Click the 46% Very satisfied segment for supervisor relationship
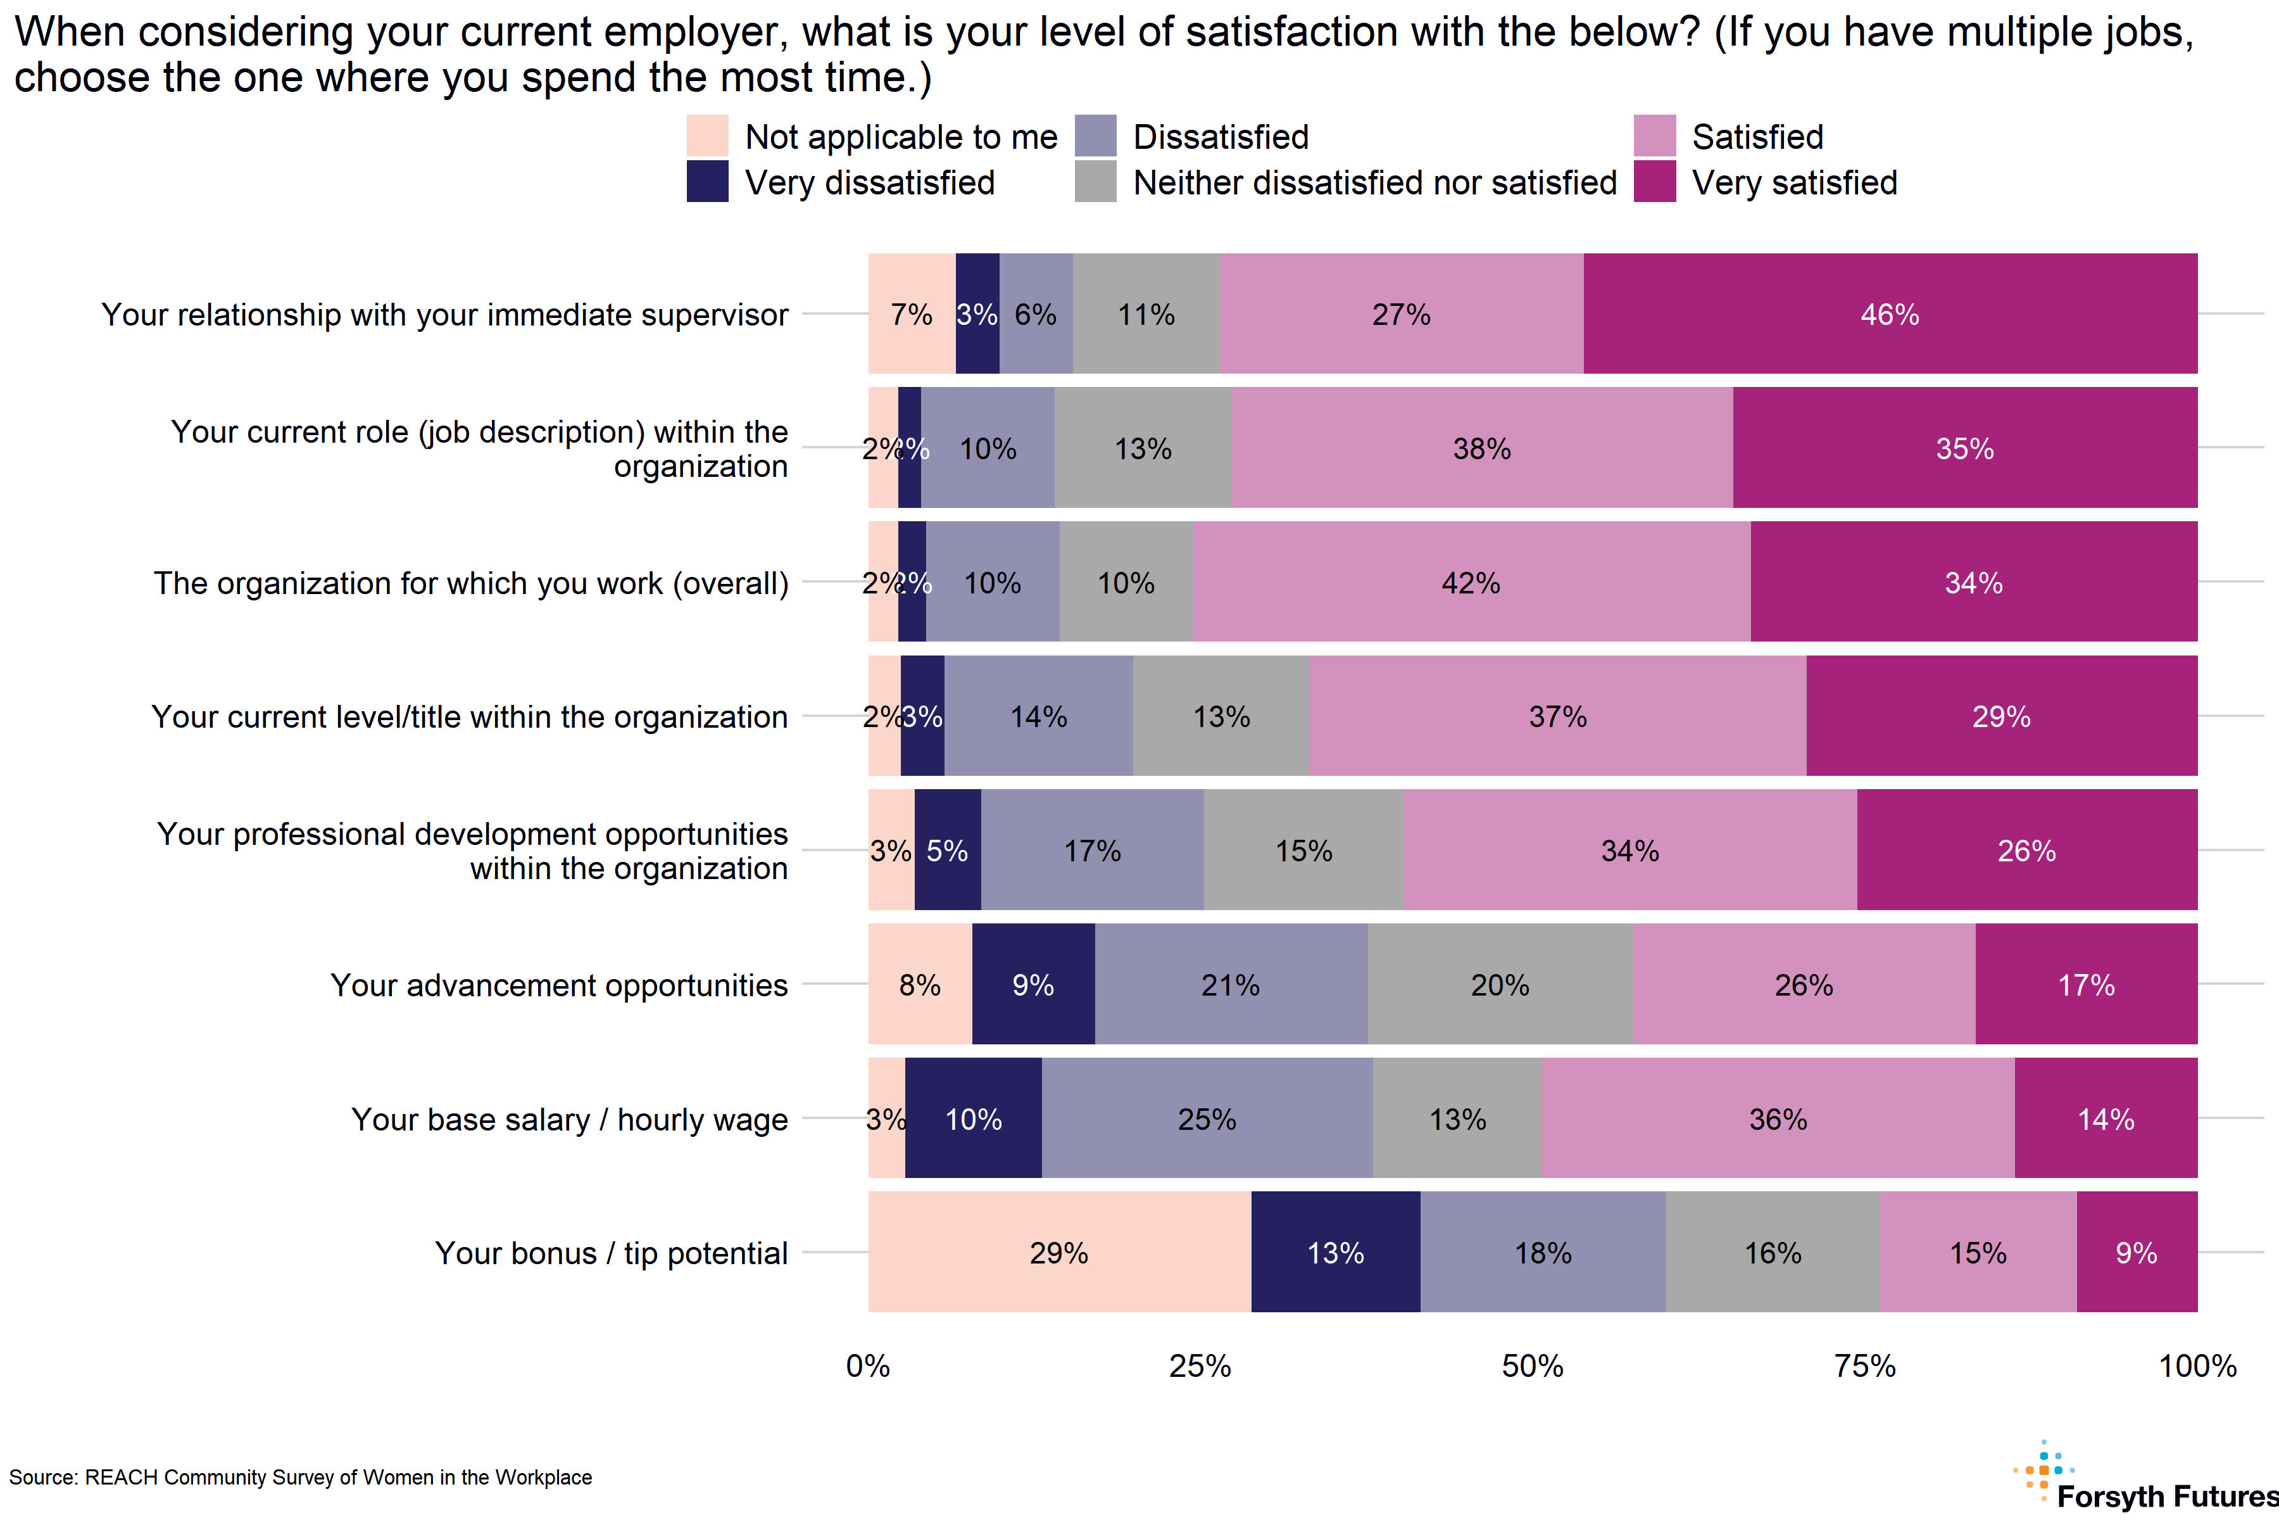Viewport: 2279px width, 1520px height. pyautogui.click(x=1890, y=314)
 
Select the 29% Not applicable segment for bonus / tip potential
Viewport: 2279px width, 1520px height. pyautogui.click(x=1059, y=1253)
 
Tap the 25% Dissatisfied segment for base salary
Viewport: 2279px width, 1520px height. pyautogui.click(x=1207, y=1118)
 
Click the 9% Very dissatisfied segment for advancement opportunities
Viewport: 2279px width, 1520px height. pyautogui.click(x=1033, y=984)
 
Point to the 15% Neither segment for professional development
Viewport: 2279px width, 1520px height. pyautogui.click(x=1303, y=850)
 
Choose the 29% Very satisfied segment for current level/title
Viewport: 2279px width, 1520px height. pyautogui.click(x=2001, y=716)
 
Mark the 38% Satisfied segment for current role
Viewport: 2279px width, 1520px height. pyautogui.click(x=1481, y=448)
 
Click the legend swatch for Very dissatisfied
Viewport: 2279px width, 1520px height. pyautogui.click(x=707, y=182)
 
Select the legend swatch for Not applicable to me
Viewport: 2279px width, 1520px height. pyautogui.click(x=707, y=136)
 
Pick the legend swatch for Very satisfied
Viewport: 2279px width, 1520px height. pyautogui.click(x=1654, y=182)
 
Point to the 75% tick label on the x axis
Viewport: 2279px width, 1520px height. pyautogui.click(x=1864, y=1366)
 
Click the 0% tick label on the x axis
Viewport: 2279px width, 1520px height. pyautogui.click(x=867, y=1366)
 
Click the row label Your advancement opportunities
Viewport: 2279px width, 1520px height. pyautogui.click(x=559, y=985)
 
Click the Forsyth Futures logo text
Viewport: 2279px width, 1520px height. pyautogui.click(x=2166, y=1496)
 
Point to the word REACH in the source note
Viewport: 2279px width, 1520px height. pyautogui.click(x=121, y=1478)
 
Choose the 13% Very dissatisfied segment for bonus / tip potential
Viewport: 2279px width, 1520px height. pyautogui.click(x=1335, y=1253)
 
